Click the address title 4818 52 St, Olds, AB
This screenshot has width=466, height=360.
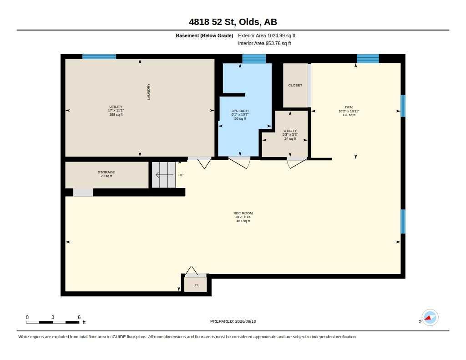tap(233, 22)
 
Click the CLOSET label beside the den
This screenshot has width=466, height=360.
tap(295, 85)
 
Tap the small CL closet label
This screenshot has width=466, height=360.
tap(197, 285)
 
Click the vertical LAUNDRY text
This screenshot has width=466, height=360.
tap(149, 91)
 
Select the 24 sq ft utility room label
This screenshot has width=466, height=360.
tap(290, 135)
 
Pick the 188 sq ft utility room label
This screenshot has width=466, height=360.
tap(116, 111)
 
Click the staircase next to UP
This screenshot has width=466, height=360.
tap(164, 175)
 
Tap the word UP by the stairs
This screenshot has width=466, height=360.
tap(181, 175)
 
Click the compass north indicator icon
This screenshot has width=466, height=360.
tap(430, 318)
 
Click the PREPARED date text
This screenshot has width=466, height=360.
tap(233, 321)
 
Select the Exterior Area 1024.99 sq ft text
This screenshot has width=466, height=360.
tap(267, 35)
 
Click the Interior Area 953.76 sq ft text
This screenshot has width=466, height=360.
tap(264, 43)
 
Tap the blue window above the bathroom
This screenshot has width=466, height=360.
tap(254, 59)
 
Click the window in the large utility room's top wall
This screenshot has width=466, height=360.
tap(99, 56)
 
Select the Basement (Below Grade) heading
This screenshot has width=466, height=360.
tap(204, 35)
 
